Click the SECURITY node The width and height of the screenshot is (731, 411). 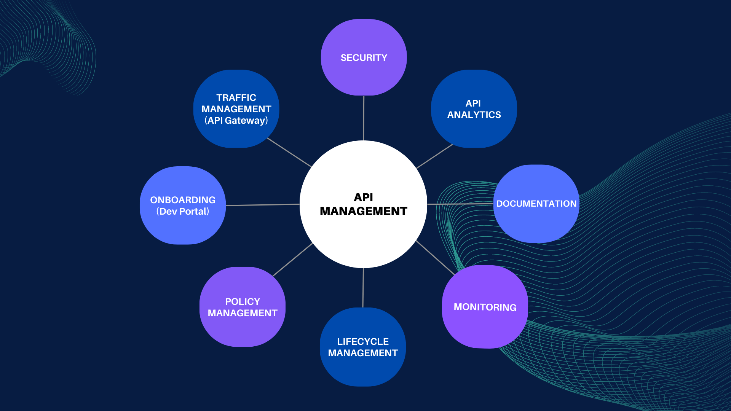pyautogui.click(x=364, y=57)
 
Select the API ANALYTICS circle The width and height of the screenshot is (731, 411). pyautogui.click(x=474, y=109)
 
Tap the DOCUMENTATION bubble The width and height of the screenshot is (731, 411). pyautogui.click(x=536, y=204)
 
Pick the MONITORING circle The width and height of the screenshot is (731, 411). pyautogui.click(x=485, y=307)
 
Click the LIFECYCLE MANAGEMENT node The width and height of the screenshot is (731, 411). pyautogui.click(x=362, y=347)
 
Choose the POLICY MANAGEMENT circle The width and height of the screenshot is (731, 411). pyautogui.click(x=242, y=307)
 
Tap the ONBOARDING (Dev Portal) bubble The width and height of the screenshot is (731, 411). pyautogui.click(x=183, y=205)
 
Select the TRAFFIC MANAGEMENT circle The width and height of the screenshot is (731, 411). pyautogui.click(x=236, y=109)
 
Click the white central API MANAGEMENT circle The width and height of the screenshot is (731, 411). pyautogui.click(x=363, y=204)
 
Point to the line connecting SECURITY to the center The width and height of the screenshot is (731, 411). pyautogui.click(x=364, y=118)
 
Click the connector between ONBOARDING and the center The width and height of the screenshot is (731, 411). pyautogui.click(x=263, y=205)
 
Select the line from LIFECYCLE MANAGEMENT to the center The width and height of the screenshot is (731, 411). pyautogui.click(x=363, y=288)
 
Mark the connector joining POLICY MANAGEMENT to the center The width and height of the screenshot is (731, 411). pyautogui.click(x=292, y=260)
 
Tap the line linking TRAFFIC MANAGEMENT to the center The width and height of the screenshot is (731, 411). pyautogui.click(x=289, y=152)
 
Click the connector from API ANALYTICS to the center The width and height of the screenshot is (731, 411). pyautogui.click(x=434, y=156)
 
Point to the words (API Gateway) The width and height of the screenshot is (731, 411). pyautogui.click(x=236, y=121)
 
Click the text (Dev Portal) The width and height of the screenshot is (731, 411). pyautogui.click(x=183, y=212)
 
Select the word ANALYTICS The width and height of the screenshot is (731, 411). pyautogui.click(x=474, y=115)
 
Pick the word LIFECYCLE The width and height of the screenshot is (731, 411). pyautogui.click(x=363, y=342)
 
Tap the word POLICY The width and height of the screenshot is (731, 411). pyautogui.click(x=243, y=302)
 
